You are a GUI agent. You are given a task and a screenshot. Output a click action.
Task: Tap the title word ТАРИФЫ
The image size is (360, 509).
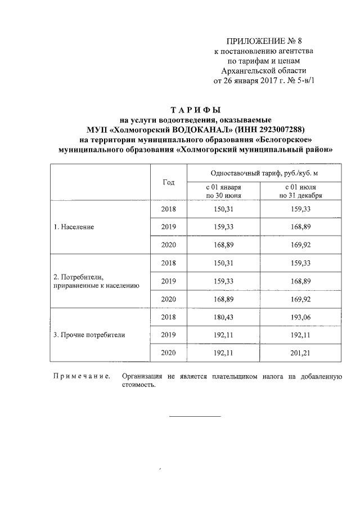tap(196, 109)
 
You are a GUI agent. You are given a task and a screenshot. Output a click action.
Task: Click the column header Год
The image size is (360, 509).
tap(168, 182)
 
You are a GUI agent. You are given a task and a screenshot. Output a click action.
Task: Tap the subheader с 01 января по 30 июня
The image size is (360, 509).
tap(223, 191)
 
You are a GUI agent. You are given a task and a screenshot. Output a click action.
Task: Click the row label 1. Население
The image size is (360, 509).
tap(74, 227)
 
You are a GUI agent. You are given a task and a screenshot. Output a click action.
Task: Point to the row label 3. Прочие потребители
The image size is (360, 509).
tap(89, 335)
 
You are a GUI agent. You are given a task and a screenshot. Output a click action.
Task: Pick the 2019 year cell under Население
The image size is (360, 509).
tap(168, 227)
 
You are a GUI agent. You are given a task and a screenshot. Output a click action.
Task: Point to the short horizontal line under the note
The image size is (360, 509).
tap(195, 416)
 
